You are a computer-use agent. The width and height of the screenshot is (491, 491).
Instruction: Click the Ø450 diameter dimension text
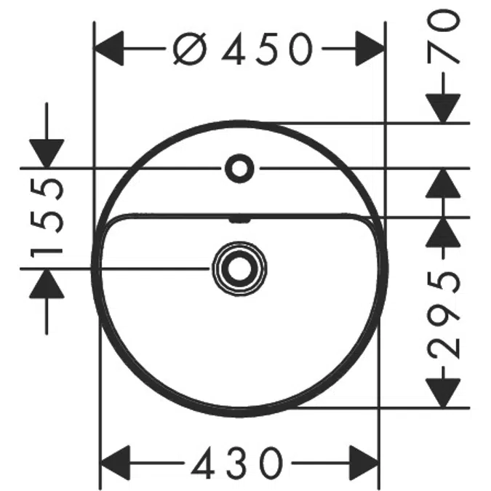click(243, 49)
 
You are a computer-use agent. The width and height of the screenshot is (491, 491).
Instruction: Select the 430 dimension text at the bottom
click(237, 463)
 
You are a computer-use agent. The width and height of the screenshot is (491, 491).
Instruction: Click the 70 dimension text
click(444, 36)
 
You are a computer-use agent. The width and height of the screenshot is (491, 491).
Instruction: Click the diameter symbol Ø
click(190, 49)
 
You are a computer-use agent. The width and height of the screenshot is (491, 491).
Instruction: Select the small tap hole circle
click(239, 169)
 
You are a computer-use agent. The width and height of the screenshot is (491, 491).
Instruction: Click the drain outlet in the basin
click(239, 268)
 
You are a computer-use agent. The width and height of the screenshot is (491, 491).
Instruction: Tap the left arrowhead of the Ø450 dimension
click(108, 49)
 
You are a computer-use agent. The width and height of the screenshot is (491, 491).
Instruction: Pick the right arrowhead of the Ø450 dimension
click(370, 49)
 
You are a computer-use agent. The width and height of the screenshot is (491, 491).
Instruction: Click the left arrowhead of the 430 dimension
click(115, 463)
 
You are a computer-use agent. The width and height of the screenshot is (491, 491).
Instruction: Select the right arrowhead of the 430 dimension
click(364, 463)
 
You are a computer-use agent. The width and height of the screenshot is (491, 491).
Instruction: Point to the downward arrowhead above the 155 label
click(47, 153)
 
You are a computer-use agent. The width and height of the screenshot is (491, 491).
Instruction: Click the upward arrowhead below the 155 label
click(47, 284)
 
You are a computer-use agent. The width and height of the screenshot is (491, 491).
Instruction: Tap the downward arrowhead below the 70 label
click(443, 108)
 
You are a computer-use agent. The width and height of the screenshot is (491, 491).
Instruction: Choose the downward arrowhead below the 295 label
click(443, 393)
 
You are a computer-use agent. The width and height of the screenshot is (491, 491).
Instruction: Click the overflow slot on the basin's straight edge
click(240, 220)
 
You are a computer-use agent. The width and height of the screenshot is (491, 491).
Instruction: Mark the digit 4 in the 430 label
click(203, 463)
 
